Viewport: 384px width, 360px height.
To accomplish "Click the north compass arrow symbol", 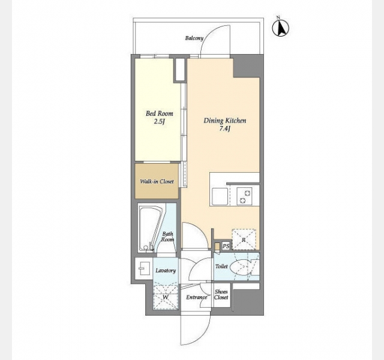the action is (x=281, y=28).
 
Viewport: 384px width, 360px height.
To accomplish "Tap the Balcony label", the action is (x=194, y=38).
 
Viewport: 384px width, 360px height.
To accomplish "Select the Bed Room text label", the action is (x=159, y=113).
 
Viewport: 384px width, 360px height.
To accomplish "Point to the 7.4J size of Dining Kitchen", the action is (x=224, y=128).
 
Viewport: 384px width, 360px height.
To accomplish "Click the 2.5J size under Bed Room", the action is (x=158, y=121).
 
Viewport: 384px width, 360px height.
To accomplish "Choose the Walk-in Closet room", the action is (x=157, y=181).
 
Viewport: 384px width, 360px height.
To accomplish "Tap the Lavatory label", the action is (x=166, y=271).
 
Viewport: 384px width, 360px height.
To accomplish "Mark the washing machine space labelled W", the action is (x=166, y=296).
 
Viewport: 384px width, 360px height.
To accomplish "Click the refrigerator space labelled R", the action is (x=244, y=239).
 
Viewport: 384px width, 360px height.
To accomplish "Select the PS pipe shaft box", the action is (x=226, y=246).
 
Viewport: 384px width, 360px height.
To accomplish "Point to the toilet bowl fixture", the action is (x=241, y=266).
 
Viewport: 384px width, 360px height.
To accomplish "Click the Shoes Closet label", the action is (x=221, y=295).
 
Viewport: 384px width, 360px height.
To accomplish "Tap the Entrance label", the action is (x=196, y=298).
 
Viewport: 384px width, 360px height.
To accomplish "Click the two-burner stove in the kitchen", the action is (x=244, y=196).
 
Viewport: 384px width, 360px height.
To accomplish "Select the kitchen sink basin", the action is (x=220, y=196).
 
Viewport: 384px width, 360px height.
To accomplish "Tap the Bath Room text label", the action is (x=167, y=236).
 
